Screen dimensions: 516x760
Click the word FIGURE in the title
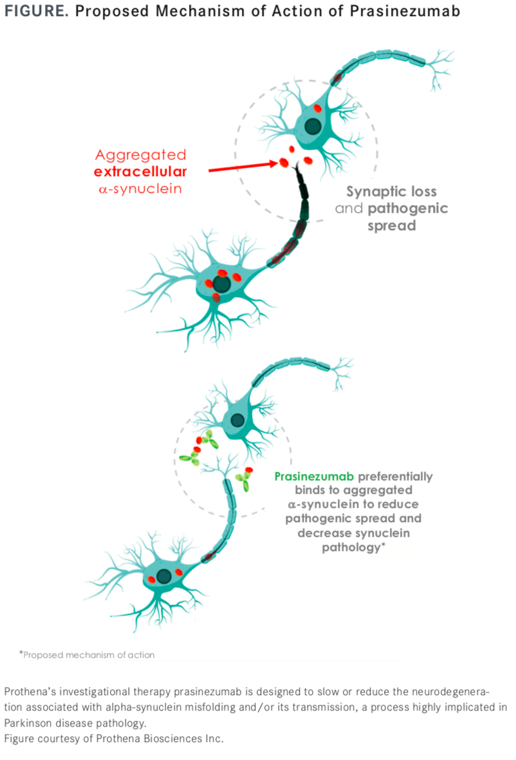click(32, 12)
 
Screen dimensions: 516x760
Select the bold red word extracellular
click(140, 172)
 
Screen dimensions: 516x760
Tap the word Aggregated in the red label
click(140, 155)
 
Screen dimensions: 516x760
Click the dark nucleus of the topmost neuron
click(313, 125)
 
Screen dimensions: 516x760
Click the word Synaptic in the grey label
click(373, 192)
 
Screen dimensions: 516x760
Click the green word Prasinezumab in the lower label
click(313, 477)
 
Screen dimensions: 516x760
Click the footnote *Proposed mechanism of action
click(87, 655)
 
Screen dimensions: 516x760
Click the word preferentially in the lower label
click(396, 477)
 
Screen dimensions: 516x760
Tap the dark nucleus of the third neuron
click(237, 421)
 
